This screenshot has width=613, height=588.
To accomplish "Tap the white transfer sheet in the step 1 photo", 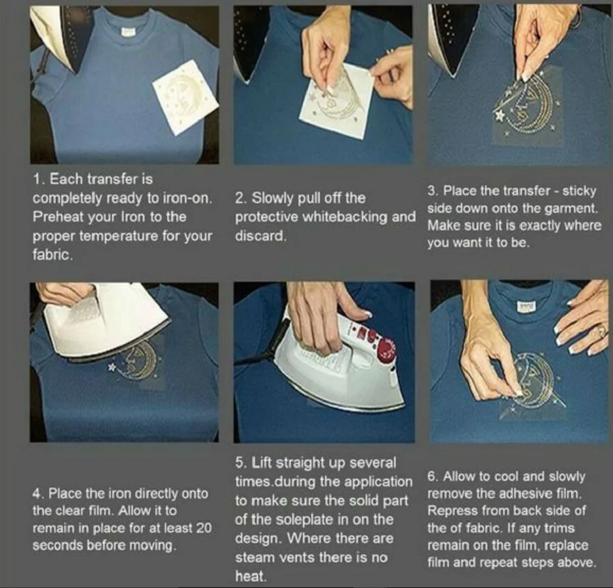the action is click(185, 97).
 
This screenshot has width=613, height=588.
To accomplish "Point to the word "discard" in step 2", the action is click(259, 236).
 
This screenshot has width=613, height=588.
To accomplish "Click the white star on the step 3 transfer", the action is click(499, 115).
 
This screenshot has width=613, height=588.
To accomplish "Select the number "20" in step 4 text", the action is click(204, 528).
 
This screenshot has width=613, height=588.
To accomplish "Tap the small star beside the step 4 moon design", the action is click(112, 367).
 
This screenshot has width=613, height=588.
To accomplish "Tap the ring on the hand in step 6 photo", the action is click(601, 332).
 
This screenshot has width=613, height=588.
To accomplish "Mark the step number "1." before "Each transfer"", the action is click(38, 179).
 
